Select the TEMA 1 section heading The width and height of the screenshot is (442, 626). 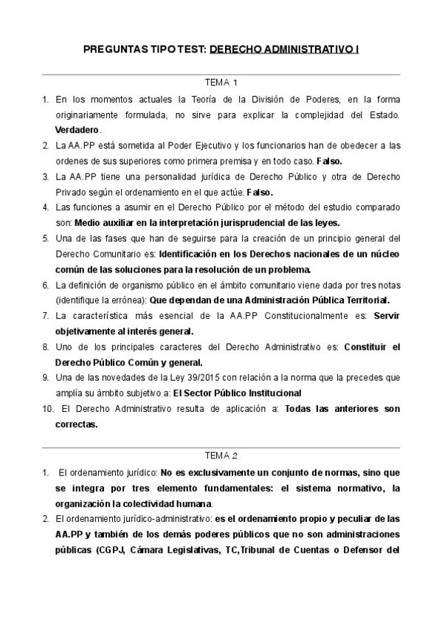click(x=221, y=83)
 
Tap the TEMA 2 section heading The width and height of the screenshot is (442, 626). click(x=221, y=455)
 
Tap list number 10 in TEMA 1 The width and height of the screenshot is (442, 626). click(x=46, y=409)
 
